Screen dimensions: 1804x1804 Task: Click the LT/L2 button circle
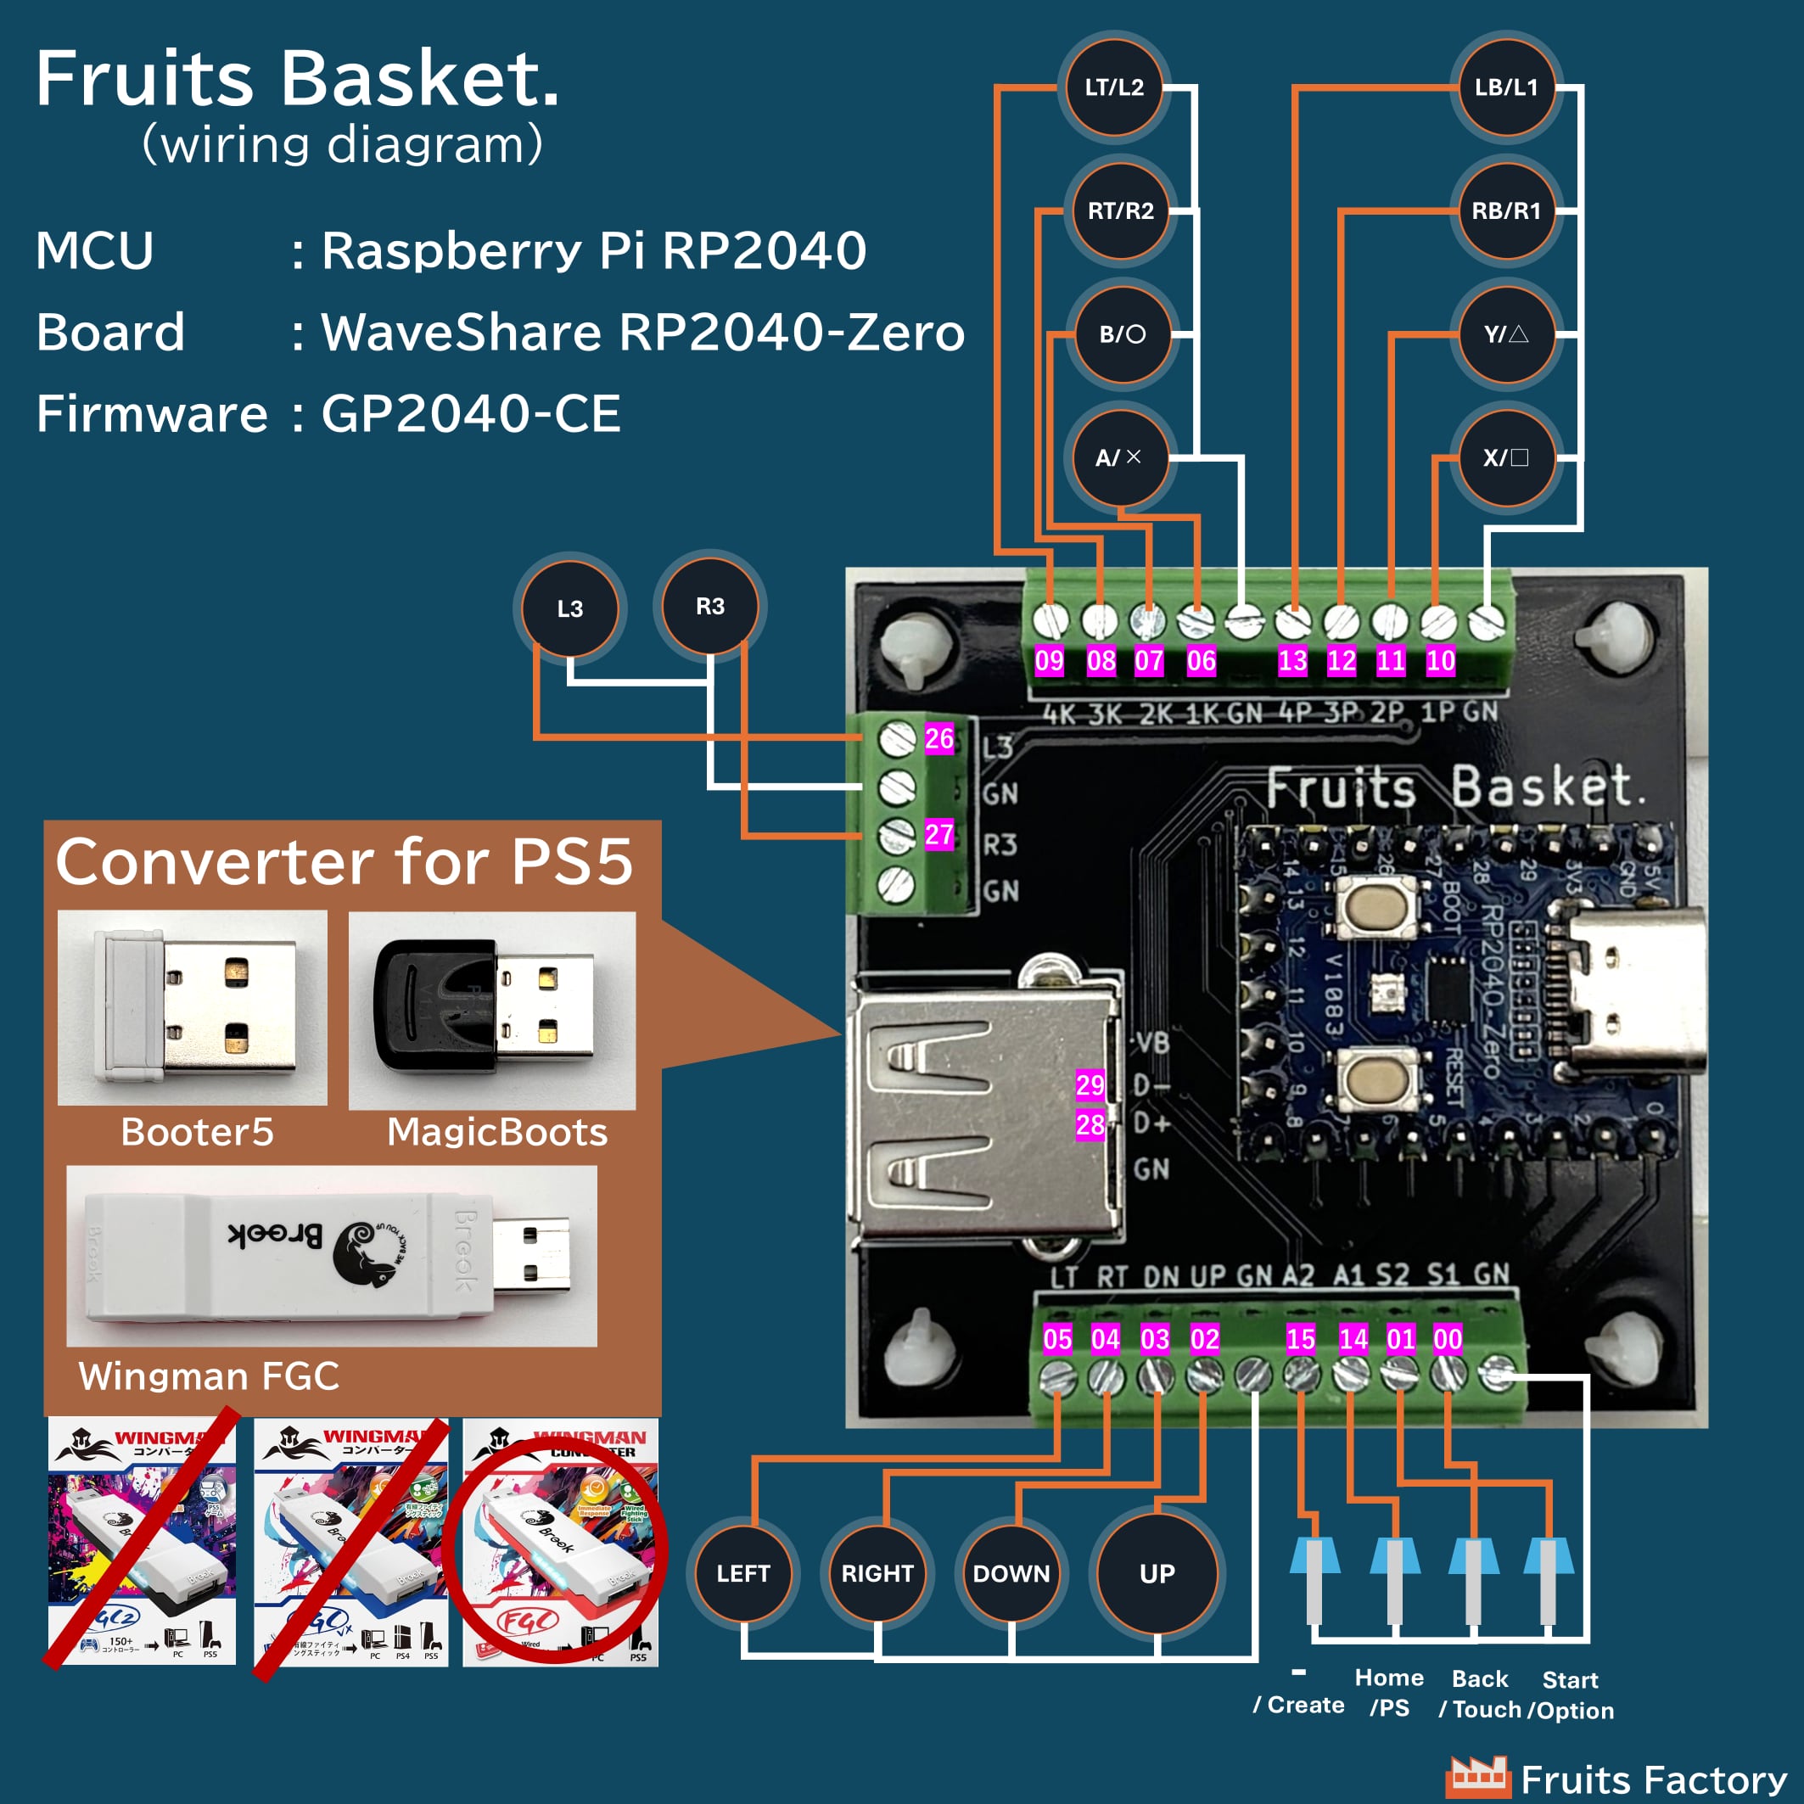point(1114,87)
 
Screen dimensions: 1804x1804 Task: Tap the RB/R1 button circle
point(1505,211)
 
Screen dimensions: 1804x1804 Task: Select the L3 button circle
point(569,608)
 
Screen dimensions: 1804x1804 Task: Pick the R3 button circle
point(709,607)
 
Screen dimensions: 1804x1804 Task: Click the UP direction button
point(1157,1573)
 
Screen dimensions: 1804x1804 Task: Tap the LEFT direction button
point(743,1573)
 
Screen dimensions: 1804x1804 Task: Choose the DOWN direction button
point(1011,1573)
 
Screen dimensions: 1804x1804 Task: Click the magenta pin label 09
point(1049,661)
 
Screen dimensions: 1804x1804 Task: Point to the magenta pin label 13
point(1292,661)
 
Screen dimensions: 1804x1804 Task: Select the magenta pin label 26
point(939,738)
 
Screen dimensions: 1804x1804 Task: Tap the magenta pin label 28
point(1090,1124)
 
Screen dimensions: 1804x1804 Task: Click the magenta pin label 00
point(1448,1339)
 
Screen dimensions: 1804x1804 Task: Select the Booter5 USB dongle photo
point(194,1006)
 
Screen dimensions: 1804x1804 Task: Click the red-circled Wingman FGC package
point(560,1545)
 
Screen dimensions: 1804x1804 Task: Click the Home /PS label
point(1389,1692)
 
